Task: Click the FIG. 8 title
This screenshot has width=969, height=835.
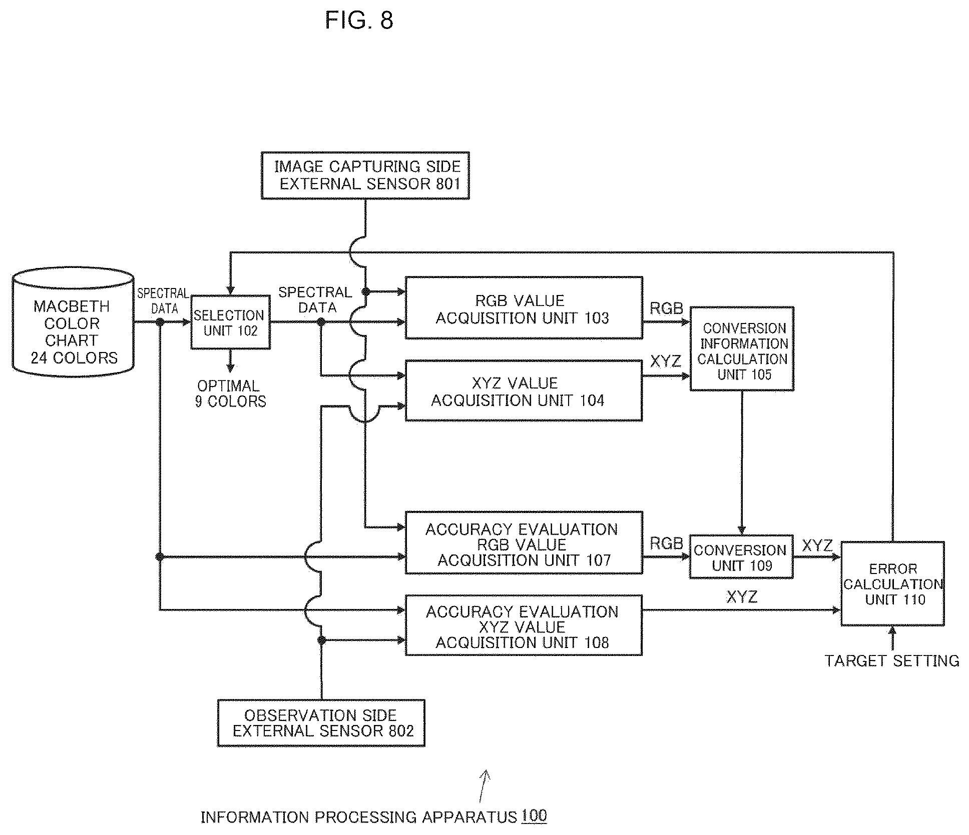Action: point(359,20)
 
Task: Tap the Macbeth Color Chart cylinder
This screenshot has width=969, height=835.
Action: point(73,322)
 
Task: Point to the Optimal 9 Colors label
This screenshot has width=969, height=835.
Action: point(230,393)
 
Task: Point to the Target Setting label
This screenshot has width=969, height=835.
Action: point(892,661)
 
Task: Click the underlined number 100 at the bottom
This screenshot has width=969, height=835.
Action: point(534,816)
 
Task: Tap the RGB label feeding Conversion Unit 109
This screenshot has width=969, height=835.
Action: point(666,543)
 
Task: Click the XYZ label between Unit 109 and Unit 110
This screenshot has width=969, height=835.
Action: point(817,545)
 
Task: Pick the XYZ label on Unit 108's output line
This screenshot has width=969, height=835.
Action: point(742,596)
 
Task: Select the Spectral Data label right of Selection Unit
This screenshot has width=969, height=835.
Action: point(315,299)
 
